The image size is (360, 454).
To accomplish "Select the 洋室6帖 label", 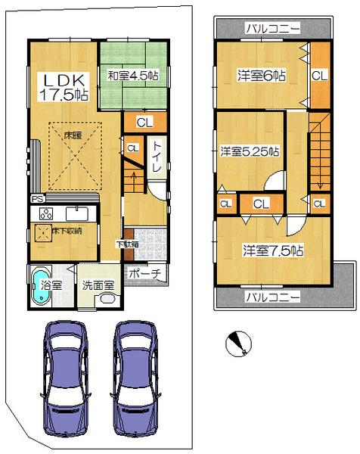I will pyautogui.click(x=261, y=76).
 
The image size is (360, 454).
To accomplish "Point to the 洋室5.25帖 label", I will pyautogui.click(x=250, y=151).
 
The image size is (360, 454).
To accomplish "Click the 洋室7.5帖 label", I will pyautogui.click(x=273, y=250).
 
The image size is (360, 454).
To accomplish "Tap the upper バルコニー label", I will pyautogui.click(x=272, y=30).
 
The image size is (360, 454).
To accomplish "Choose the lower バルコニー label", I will pyautogui.click(x=272, y=296).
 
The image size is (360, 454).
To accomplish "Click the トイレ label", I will pyautogui.click(x=157, y=156).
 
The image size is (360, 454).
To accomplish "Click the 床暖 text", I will pyautogui.click(x=73, y=135).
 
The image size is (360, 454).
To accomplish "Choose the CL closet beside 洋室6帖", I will pyautogui.click(x=319, y=76).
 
